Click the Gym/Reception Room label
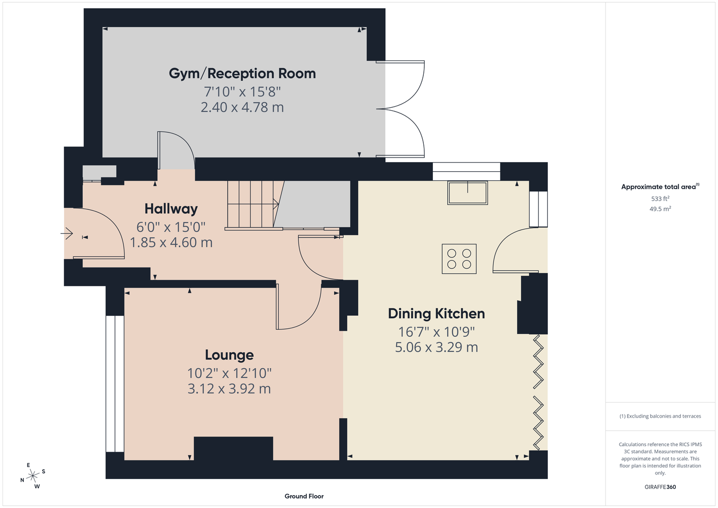point(242,74)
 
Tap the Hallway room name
point(171,209)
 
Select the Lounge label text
point(229,355)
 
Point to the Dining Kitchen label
point(436,314)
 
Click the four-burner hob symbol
point(459,259)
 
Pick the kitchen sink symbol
point(467,193)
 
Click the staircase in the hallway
point(253,205)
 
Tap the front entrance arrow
point(67,233)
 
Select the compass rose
point(33,476)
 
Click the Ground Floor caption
point(304,496)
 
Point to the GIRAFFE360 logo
point(660,487)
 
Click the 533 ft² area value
point(660,199)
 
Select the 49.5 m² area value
point(660,209)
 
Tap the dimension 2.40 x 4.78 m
point(242,107)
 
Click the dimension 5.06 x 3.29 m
point(436,347)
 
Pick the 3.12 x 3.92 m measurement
point(229,389)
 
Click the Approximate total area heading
point(660,186)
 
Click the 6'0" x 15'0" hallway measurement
point(171,227)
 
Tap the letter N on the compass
point(22,480)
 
